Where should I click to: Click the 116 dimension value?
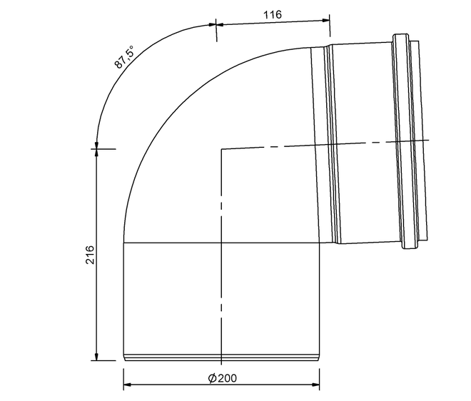tap(273, 14)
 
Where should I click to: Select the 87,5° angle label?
tap(124, 57)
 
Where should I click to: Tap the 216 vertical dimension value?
tap(90, 255)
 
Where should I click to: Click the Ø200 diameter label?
tap(223, 378)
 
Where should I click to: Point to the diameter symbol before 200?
tap(212, 378)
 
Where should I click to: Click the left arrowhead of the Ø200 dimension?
tap(127, 385)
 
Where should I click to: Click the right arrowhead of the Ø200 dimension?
tap(315, 385)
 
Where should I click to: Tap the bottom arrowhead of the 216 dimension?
tap(96, 357)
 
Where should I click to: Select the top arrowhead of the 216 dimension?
tap(96, 153)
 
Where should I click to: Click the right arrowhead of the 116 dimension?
tap(326, 21)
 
